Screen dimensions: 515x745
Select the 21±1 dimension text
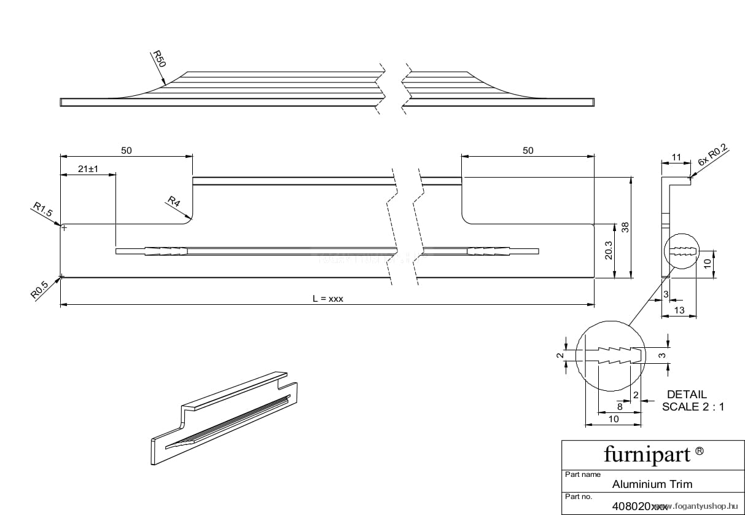[x=89, y=169]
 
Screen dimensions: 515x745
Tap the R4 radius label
[x=174, y=201]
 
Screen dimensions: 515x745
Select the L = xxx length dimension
[x=327, y=299]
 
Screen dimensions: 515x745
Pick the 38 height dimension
[x=625, y=227]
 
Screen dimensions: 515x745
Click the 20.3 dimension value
[x=608, y=250]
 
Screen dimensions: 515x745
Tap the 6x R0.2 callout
[x=712, y=155]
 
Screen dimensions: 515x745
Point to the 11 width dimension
[x=676, y=157]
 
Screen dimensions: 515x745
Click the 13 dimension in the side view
[x=679, y=310]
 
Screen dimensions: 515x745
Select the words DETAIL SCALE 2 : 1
[x=690, y=400]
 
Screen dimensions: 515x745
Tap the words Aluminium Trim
[x=652, y=484]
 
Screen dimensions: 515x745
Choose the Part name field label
[x=582, y=474]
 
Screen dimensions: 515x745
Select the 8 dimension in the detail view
[x=619, y=407]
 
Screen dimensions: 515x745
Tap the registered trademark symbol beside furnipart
[x=699, y=452]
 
